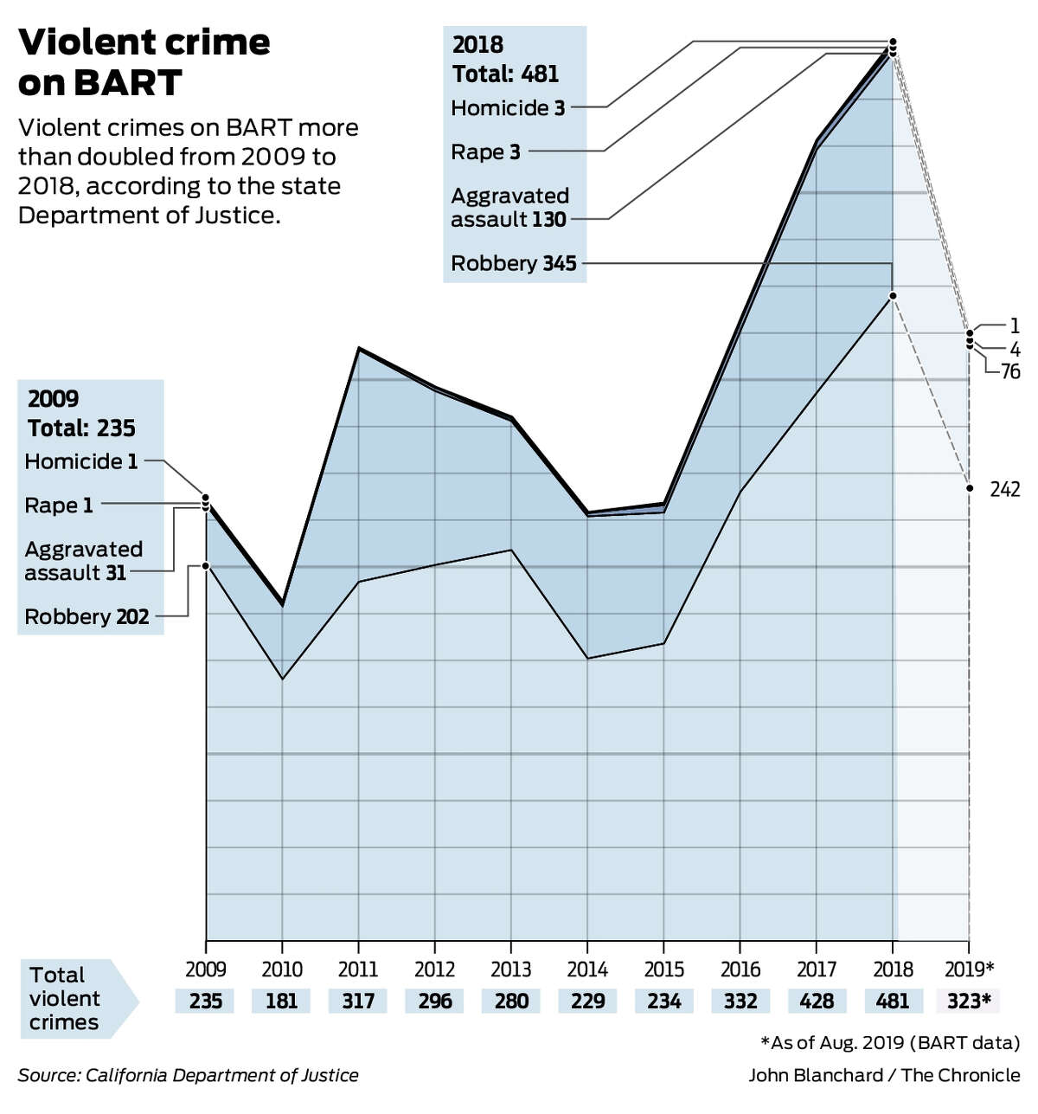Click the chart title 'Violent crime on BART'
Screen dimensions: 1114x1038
click(x=144, y=62)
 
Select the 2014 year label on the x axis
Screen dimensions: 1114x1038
click(x=587, y=969)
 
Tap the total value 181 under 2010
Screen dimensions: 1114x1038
click(x=281, y=1001)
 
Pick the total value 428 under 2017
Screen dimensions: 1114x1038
click(x=817, y=1001)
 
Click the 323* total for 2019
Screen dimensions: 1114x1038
click(x=968, y=1001)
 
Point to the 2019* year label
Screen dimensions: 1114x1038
click(x=970, y=969)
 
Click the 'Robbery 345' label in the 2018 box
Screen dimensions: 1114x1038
click(x=514, y=263)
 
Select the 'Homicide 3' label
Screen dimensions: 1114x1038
click(x=508, y=108)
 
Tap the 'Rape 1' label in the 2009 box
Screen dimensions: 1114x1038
click(x=59, y=505)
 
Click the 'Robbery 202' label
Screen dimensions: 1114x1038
click(x=86, y=616)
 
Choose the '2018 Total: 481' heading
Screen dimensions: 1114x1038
click(x=505, y=60)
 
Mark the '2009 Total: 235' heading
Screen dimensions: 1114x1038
click(x=81, y=414)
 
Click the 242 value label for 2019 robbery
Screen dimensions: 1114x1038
click(x=1004, y=490)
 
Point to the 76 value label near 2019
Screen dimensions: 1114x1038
click(x=1009, y=372)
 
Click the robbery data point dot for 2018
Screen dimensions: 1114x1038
click(x=893, y=296)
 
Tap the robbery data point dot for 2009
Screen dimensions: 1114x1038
click(x=206, y=566)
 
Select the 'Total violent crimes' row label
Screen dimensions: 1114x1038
click(x=65, y=999)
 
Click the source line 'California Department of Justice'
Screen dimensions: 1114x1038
click(x=188, y=1075)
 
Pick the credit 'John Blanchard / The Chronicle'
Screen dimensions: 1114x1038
click(x=884, y=1075)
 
